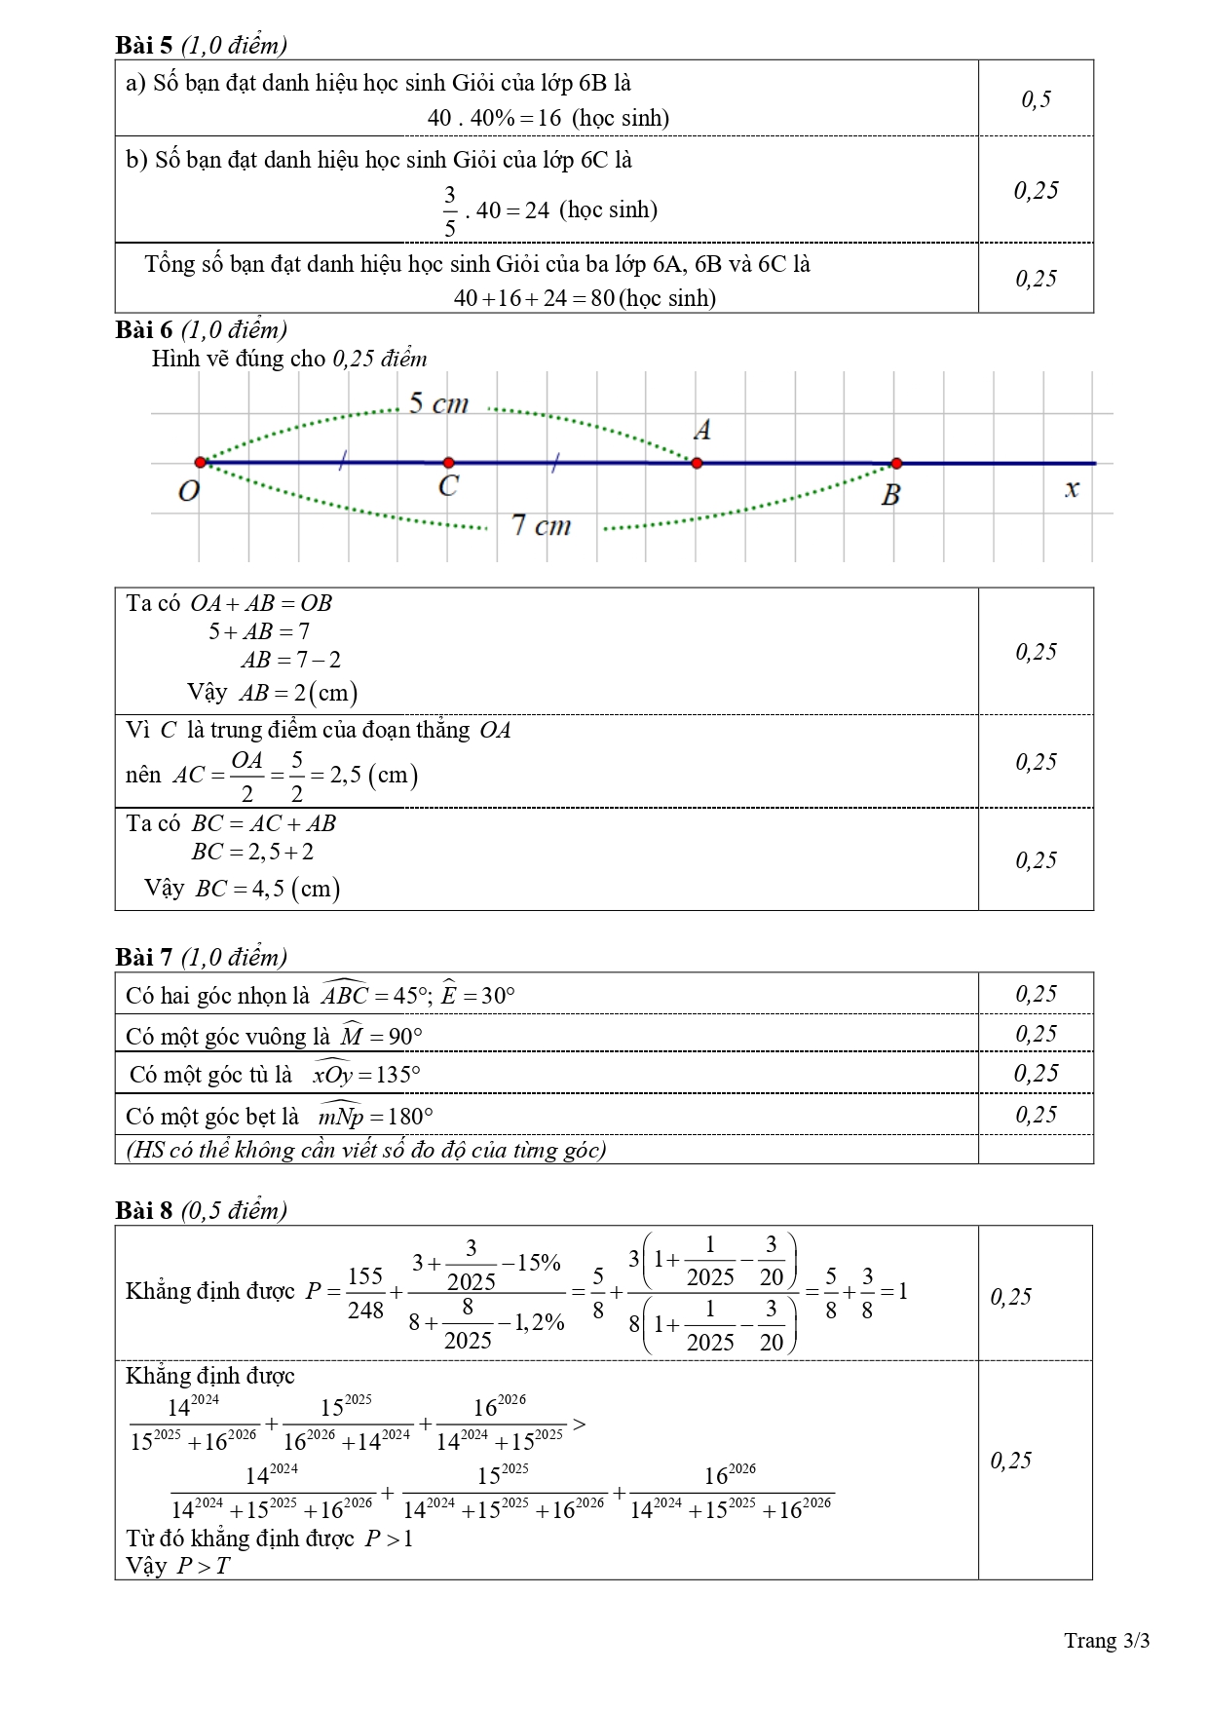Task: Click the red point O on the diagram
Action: [x=200, y=462]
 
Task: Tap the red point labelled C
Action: [x=448, y=463]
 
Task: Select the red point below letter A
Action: [x=697, y=463]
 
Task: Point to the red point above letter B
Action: [x=896, y=464]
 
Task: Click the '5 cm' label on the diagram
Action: [x=438, y=403]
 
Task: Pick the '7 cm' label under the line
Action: [x=542, y=526]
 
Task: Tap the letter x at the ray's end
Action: [x=1072, y=489]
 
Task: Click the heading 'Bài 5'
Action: [x=144, y=45]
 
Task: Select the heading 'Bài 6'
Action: [x=144, y=329]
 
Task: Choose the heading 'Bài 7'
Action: [x=144, y=957]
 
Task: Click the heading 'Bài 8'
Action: [x=144, y=1210]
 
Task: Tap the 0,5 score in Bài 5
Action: [x=1036, y=98]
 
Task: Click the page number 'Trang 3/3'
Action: [x=1107, y=1641]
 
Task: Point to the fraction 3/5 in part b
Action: [x=449, y=210]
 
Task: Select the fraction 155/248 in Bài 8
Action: [x=365, y=1293]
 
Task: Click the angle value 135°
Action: [x=397, y=1076]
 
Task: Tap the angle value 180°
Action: [x=409, y=1117]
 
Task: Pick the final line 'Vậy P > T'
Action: [x=178, y=1566]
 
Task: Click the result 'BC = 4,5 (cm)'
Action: [x=267, y=889]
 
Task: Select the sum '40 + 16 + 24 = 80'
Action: [x=534, y=298]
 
